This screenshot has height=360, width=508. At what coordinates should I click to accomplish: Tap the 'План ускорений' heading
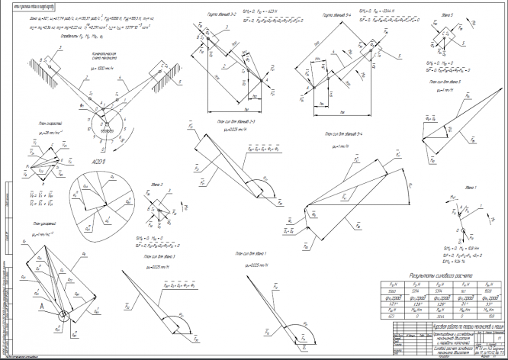tap(47, 223)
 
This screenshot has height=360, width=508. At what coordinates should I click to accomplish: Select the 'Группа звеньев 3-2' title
tap(223, 15)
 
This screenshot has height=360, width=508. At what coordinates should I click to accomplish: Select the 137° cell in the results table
tap(412, 303)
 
